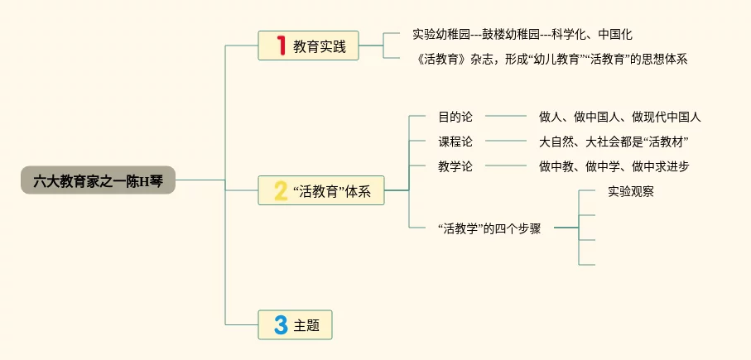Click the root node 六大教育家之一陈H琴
pos(98,180)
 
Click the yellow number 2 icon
pos(281,192)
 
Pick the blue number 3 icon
pos(281,325)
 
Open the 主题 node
pos(306,325)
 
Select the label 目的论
pos(455,117)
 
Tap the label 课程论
pos(455,142)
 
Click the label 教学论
pos(455,166)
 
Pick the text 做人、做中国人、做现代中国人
pos(619,117)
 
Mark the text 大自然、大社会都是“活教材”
pos(614,142)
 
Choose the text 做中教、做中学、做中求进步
pos(614,166)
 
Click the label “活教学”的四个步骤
pos(489,228)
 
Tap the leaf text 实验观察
pos(631,191)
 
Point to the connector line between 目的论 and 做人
pos(505,117)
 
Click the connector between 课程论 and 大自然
pos(505,142)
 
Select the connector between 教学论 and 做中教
pos(505,166)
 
